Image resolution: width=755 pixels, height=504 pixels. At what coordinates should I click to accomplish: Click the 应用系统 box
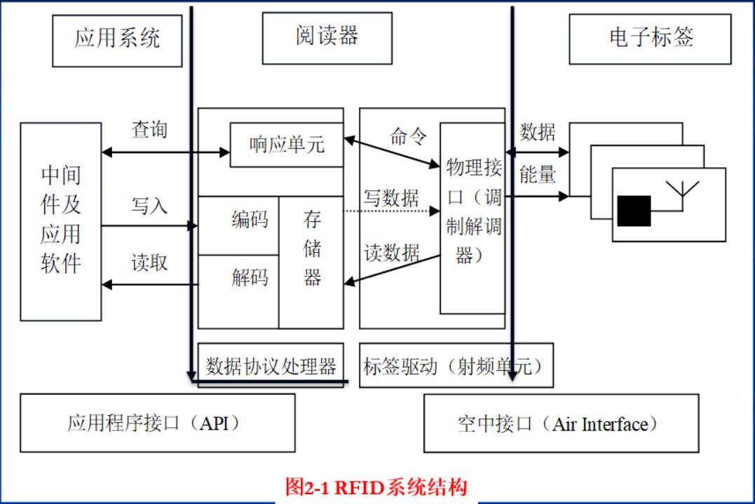click(x=117, y=39)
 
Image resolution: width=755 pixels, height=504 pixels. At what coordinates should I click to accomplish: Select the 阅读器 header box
click(x=327, y=37)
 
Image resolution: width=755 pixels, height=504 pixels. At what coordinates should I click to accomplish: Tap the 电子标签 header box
click(x=650, y=38)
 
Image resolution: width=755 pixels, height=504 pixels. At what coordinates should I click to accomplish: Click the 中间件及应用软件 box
click(x=61, y=220)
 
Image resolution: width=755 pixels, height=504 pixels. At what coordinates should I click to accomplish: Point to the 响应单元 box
click(x=287, y=145)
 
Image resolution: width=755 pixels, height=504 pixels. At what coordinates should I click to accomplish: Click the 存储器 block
click(x=312, y=250)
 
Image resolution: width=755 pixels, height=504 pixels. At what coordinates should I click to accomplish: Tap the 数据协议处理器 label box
click(x=271, y=365)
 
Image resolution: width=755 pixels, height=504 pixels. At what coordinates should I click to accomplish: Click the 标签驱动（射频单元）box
click(x=456, y=365)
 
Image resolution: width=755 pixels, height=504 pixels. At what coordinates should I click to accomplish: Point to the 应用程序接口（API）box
click(x=157, y=423)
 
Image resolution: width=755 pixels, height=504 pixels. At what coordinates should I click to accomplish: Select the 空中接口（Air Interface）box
click(x=561, y=423)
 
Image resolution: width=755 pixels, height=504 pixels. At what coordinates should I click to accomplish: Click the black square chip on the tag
click(x=634, y=211)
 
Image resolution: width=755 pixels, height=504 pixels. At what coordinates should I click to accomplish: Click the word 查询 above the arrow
click(x=149, y=129)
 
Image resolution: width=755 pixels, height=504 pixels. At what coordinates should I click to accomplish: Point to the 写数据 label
click(x=391, y=197)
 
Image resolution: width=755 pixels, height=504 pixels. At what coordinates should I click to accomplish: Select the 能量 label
click(x=538, y=175)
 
